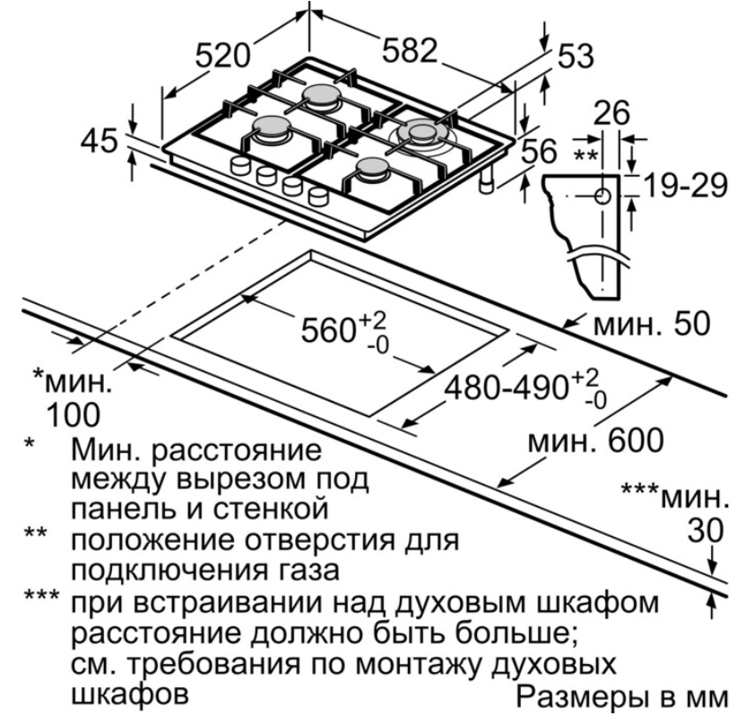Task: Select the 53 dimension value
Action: pos(575,56)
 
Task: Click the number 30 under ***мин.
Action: pos(706,531)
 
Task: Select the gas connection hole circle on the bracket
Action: pos(603,195)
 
